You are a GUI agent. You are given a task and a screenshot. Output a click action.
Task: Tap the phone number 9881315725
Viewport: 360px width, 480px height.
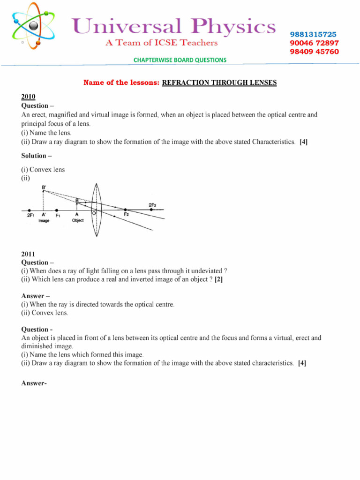tap(313, 35)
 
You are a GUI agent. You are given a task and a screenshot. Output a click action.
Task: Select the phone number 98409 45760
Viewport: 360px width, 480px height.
tap(314, 52)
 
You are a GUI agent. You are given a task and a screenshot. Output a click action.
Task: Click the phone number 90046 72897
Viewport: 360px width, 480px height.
tap(314, 43)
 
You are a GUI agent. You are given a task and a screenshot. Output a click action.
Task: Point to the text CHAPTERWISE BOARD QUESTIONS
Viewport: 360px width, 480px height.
tap(180, 60)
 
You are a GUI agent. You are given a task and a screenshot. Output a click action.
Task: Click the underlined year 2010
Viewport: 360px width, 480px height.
tap(28, 97)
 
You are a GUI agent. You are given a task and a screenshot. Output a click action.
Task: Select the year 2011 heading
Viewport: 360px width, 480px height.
tap(28, 254)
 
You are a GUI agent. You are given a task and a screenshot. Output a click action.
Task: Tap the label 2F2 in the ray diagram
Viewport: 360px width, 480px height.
tap(152, 205)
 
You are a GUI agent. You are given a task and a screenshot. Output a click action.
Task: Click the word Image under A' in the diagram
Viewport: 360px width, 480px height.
tap(44, 220)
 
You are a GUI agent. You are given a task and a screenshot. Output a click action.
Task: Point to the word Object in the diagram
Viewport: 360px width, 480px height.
tap(78, 220)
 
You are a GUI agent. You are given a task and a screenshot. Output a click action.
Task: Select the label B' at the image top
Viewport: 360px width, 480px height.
tap(44, 186)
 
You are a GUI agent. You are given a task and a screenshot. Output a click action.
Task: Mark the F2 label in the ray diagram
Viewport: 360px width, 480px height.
tap(126, 214)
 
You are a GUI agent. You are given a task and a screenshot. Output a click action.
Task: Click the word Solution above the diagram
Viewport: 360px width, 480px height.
tap(34, 156)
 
